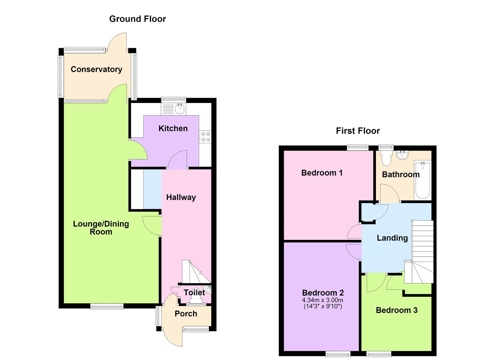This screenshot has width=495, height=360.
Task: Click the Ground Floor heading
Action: click(137, 19)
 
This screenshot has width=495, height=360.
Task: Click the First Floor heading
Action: click(358, 131)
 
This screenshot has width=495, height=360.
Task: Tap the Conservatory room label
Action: click(96, 69)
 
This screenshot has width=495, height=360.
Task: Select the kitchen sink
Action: click(180, 109)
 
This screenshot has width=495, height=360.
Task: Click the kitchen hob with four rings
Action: click(205, 137)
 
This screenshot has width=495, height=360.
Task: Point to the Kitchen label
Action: click(173, 128)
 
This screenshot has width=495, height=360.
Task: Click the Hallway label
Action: click(181, 197)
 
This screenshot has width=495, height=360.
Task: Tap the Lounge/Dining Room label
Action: click(101, 228)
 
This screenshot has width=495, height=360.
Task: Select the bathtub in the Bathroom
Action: click(423, 179)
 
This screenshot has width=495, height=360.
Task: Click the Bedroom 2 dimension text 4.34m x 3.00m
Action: click(323, 300)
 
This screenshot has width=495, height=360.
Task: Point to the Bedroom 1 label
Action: click(322, 173)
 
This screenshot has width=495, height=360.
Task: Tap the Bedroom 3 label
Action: click(397, 310)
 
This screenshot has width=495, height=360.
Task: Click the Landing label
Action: click(392, 238)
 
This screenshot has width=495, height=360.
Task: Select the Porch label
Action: click(186, 314)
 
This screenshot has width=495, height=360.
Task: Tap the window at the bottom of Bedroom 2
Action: click(338, 354)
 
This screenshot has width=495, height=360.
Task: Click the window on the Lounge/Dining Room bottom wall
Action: click(107, 306)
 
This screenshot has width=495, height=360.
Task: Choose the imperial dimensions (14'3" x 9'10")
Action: click(323, 307)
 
